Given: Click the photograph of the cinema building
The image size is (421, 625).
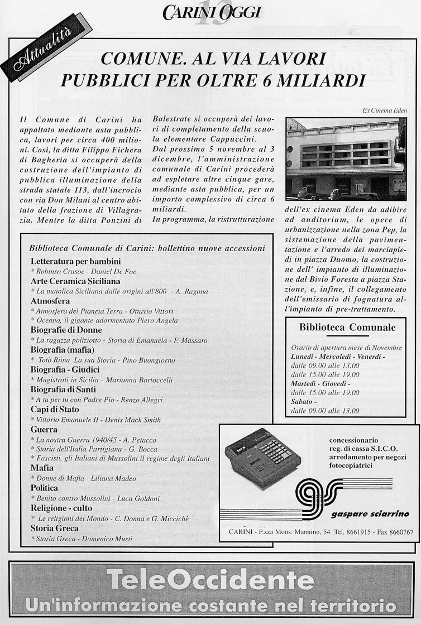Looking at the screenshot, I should pos(345,158).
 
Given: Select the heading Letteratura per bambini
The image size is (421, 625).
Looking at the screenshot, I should pos(76,261).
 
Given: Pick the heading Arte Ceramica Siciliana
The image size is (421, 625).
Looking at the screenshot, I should pos(75,281).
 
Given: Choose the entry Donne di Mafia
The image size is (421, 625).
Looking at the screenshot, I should pos(58,478).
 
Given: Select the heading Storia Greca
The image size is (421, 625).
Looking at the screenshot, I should pos(55,528).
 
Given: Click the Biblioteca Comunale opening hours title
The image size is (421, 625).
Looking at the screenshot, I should pos(347,328).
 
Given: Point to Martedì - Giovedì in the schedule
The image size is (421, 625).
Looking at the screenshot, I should pos(320,384).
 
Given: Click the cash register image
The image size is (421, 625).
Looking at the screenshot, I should pos(262,458).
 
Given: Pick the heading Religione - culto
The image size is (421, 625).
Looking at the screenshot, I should pos(61,508).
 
